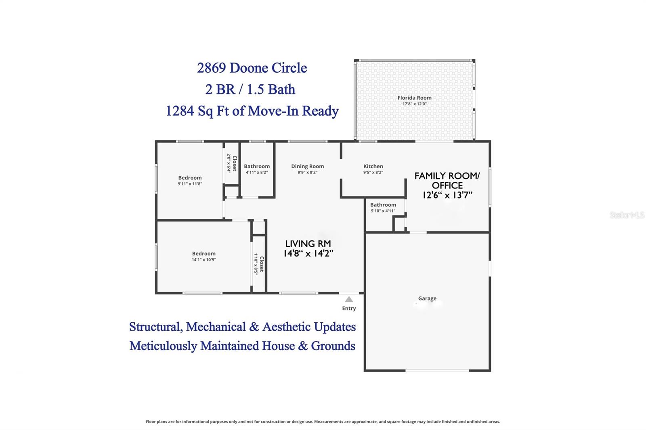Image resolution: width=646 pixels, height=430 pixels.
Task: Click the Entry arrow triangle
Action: click(349, 299)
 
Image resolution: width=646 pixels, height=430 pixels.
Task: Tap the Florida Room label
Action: click(414, 98)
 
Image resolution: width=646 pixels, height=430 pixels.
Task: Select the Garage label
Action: click(427, 298)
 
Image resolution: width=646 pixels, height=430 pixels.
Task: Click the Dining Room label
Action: click(307, 166)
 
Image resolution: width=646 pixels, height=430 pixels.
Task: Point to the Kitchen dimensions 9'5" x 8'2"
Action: click(373, 172)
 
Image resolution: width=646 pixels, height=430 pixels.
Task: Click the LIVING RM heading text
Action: click(308, 244)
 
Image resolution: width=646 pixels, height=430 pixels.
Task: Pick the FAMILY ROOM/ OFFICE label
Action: click(447, 181)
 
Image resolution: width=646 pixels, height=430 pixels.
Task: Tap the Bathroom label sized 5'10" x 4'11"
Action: click(383, 205)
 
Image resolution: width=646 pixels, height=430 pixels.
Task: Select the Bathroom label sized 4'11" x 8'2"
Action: click(257, 166)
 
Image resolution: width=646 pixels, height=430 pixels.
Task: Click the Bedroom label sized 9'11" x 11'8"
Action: click(190, 178)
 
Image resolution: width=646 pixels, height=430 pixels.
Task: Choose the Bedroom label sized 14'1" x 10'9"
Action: click(203, 254)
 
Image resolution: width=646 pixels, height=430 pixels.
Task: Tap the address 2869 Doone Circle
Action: click(252, 68)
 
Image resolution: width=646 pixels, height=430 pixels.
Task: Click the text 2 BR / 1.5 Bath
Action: click(250, 89)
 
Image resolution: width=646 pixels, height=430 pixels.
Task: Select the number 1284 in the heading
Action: click(180, 111)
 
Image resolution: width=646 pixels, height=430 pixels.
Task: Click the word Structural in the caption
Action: click(155, 327)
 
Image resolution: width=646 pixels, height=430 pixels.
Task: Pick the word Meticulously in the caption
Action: click(164, 346)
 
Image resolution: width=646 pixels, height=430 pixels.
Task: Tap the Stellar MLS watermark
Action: click(627, 215)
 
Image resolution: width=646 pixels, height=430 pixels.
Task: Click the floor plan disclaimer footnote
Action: click(323, 422)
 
